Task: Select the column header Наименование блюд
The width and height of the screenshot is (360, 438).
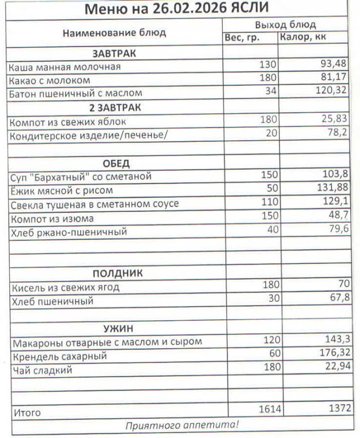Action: [x=114, y=33]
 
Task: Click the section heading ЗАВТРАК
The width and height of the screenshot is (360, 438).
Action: [x=114, y=53]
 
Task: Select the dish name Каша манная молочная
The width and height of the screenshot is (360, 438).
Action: [x=65, y=67]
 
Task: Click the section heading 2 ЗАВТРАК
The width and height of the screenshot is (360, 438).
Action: [x=115, y=107]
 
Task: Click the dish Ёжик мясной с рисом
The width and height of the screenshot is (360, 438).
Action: [x=62, y=191]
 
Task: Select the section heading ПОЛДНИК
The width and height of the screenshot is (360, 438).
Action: [x=117, y=273]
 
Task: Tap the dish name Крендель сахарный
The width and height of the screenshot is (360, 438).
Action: [x=59, y=356]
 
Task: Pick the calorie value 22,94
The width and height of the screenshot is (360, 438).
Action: [x=334, y=366]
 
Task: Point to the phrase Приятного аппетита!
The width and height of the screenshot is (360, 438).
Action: [x=182, y=425]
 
